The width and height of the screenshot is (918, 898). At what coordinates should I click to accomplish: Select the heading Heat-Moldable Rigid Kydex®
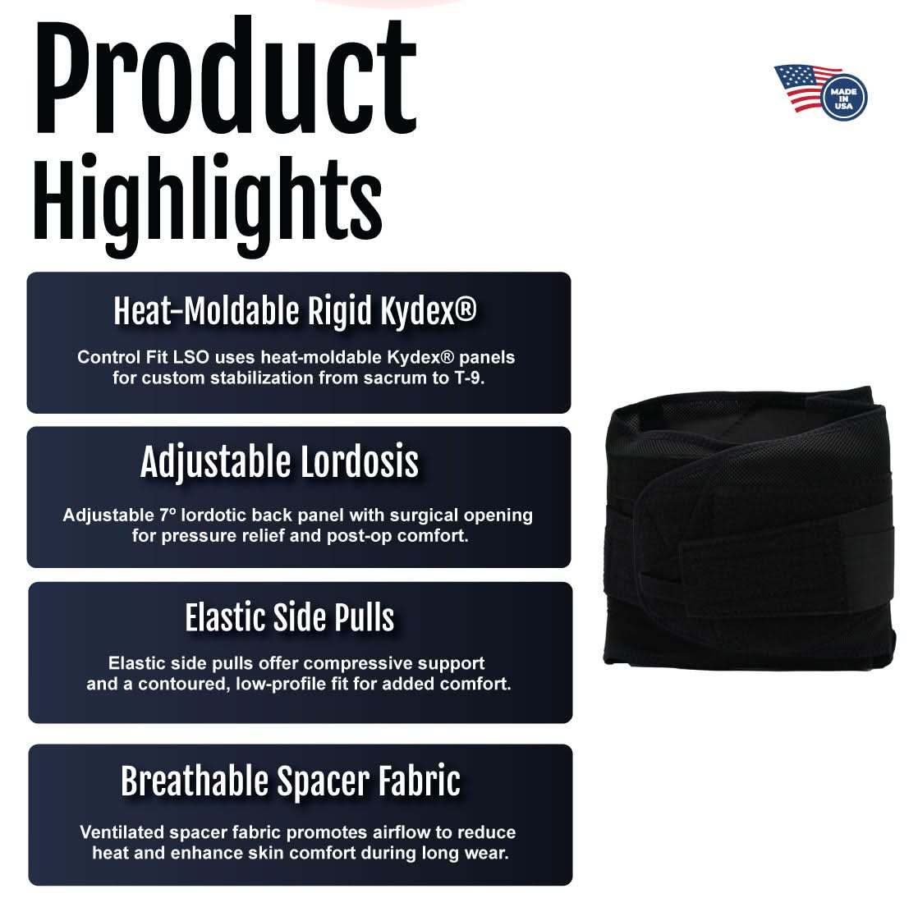(295, 312)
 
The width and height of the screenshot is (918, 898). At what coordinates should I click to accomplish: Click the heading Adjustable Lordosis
(279, 462)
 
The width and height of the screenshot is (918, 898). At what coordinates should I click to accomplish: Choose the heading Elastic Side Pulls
(289, 617)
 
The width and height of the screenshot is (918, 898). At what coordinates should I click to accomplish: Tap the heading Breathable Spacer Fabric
(290, 781)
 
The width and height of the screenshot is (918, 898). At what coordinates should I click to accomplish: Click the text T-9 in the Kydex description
(480, 378)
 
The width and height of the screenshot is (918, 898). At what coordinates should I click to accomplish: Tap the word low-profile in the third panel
(278, 684)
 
